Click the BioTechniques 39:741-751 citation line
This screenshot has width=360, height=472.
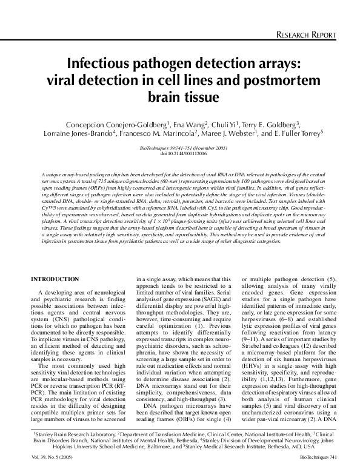(179, 148)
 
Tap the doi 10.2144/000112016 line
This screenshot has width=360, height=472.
(179, 154)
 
